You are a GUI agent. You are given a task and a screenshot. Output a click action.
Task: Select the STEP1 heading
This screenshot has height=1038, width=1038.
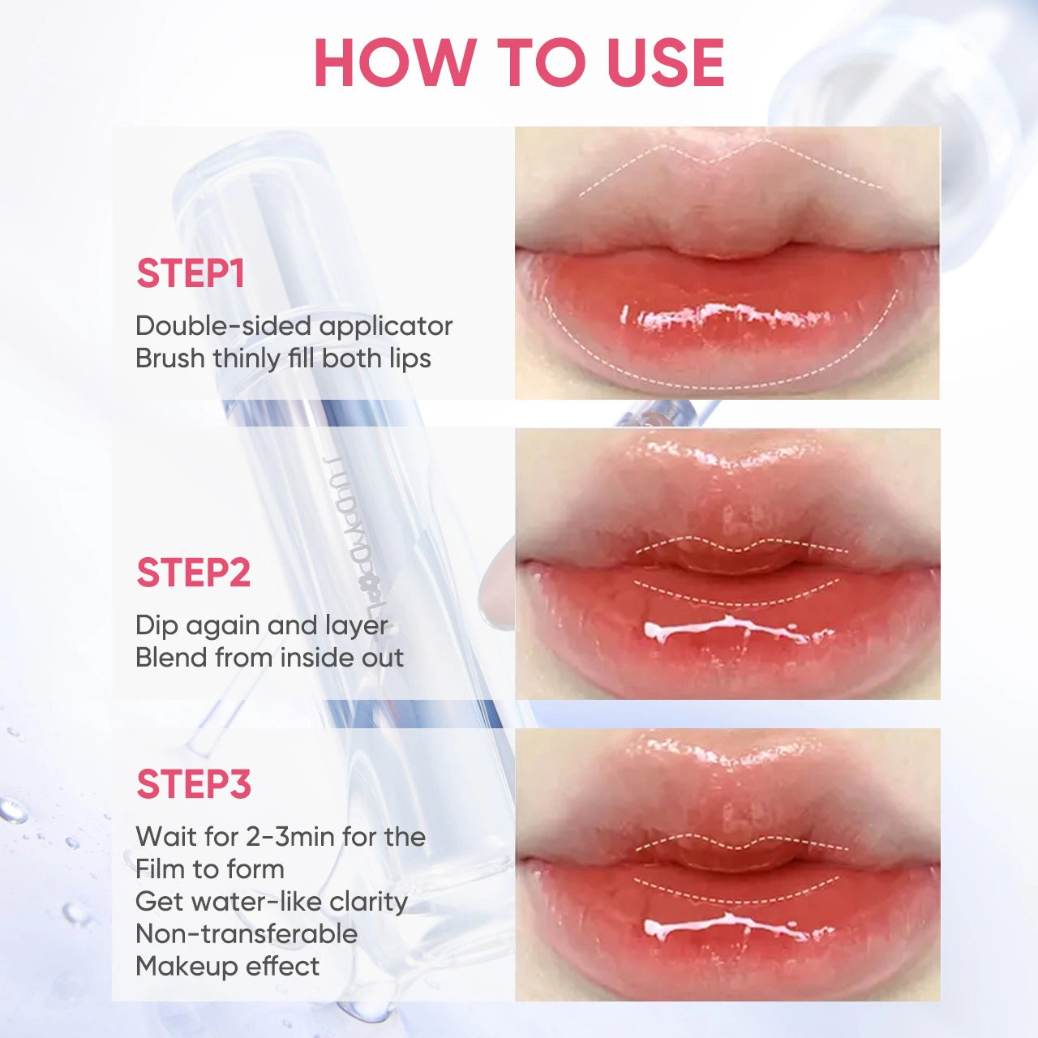tap(191, 273)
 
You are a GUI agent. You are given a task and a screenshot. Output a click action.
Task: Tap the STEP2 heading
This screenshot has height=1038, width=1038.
tap(193, 573)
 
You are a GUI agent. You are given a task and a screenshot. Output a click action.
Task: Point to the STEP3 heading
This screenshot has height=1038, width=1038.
tap(194, 784)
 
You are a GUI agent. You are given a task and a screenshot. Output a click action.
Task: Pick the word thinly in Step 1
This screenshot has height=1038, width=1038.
tap(247, 358)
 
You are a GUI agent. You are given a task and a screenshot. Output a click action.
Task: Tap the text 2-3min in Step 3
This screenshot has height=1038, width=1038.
tap(278, 837)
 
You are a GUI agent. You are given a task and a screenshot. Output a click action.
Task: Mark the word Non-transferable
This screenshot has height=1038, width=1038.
tap(247, 934)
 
